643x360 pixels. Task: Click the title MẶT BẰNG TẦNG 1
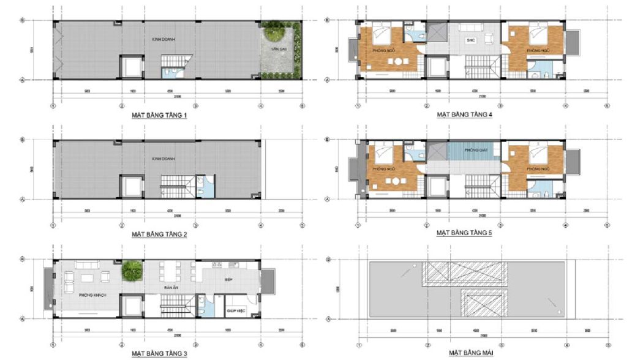[159, 115]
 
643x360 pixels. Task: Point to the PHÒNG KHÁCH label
[93, 294]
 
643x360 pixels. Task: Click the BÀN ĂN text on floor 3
[171, 287]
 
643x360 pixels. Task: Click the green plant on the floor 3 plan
[130, 270]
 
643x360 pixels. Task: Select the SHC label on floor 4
[471, 41]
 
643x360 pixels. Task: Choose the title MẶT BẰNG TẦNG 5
[464, 233]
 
